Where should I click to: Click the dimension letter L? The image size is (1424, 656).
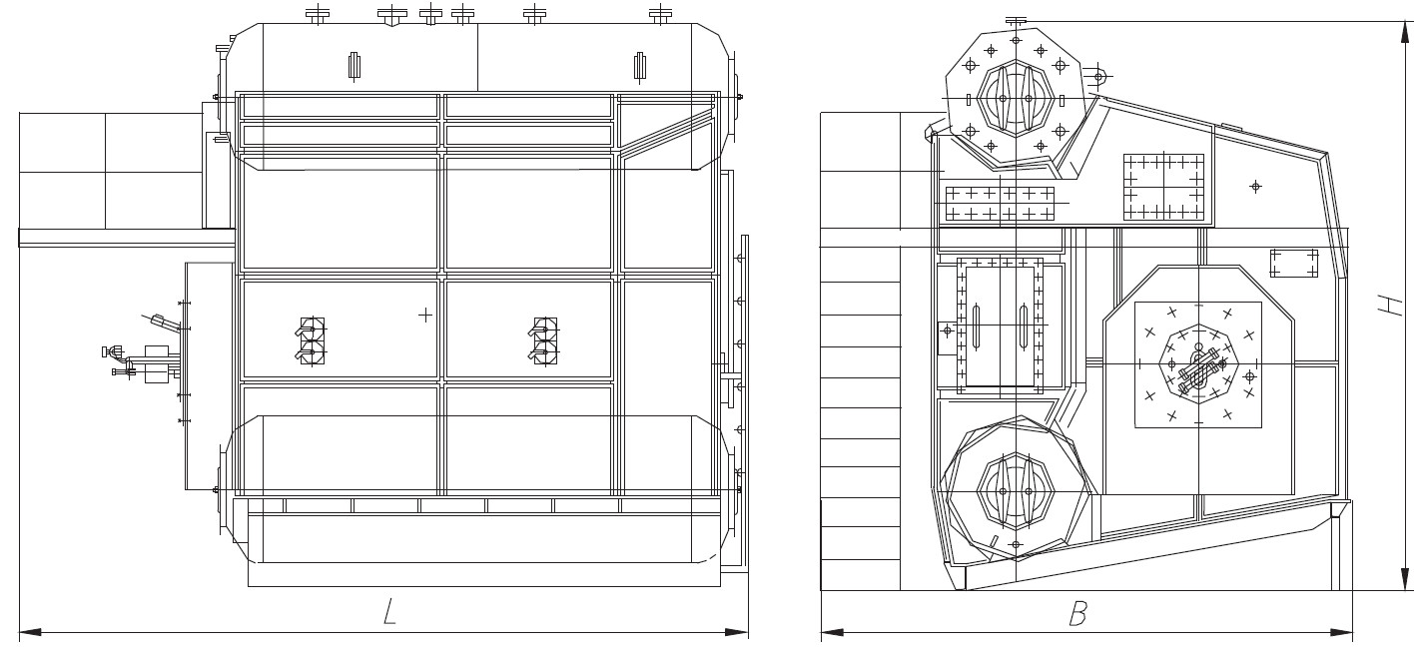tap(389, 611)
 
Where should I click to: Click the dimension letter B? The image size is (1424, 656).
tap(1078, 613)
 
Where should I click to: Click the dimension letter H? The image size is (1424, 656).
tap(1390, 306)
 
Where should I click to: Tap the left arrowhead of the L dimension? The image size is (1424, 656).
tap(31, 632)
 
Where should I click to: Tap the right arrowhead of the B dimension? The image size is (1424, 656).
tap(1341, 632)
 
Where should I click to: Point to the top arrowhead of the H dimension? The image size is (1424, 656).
tap(1405, 33)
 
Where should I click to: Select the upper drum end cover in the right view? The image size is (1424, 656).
tap(1016, 99)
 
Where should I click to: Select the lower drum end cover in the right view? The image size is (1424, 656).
tap(1016, 490)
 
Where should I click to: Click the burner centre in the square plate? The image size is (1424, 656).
tap(1199, 364)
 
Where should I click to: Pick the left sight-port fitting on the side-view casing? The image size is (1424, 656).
tap(312, 340)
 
